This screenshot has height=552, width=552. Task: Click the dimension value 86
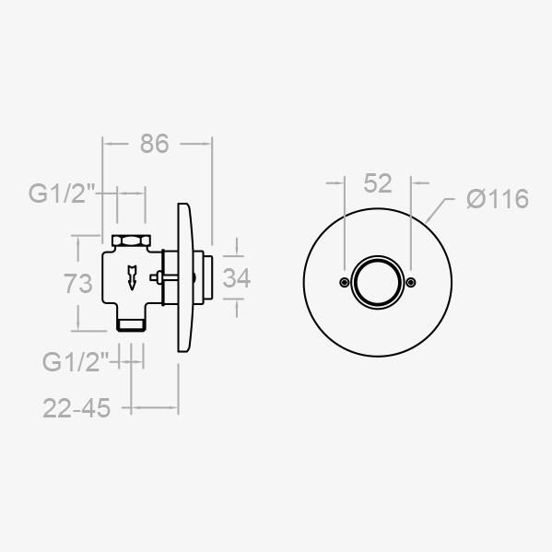pos(155,144)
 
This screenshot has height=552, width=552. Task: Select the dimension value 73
pos(77,284)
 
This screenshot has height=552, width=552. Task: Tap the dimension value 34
pos(237,278)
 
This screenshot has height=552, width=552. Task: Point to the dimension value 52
pos(378,183)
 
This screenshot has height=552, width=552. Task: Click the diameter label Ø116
pos(498,199)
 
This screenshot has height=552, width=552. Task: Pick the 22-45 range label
pos(76,408)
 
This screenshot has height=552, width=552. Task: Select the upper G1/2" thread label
pos(62,194)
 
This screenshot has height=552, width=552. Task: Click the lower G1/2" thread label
pos(76,362)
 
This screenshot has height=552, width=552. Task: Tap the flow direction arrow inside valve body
pos(132,277)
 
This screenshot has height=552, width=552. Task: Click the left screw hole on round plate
pos(345,282)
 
